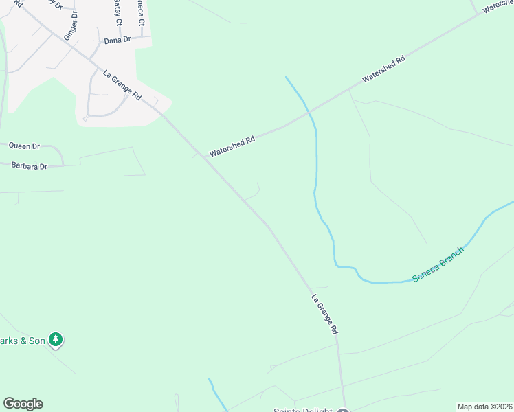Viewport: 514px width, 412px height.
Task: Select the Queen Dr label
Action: pyautogui.click(x=25, y=146)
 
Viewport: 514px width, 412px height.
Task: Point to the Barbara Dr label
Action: pyautogui.click(x=29, y=166)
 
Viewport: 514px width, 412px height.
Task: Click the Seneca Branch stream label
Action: pyautogui.click(x=438, y=264)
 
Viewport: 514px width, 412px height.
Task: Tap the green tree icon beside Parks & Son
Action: pyautogui.click(x=56, y=340)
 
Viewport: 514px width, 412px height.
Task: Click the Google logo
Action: pyautogui.click(x=23, y=404)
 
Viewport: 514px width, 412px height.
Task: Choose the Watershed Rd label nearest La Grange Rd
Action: pyautogui.click(x=232, y=145)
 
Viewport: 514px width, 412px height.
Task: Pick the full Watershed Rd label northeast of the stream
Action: pyautogui.click(x=384, y=69)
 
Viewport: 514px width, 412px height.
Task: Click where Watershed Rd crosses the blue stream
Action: pyautogui.click(x=309, y=111)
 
